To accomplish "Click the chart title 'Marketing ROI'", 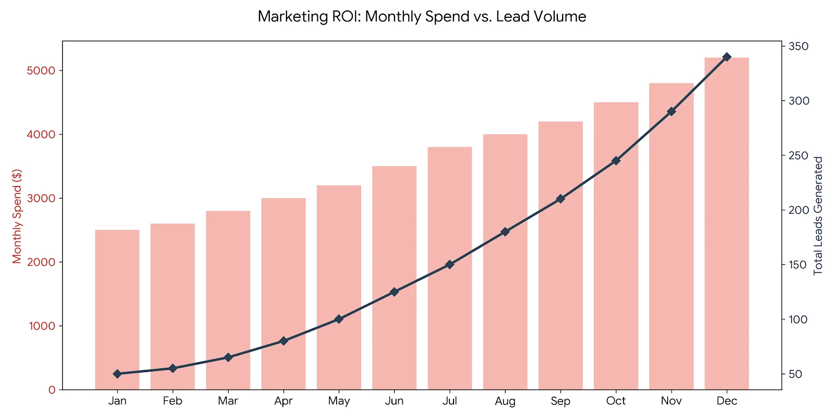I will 422,17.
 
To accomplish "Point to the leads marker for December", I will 726,57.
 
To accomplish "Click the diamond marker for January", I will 117,374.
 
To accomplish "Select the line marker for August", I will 505,231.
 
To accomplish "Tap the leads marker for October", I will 616,160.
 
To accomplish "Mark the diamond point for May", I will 339,319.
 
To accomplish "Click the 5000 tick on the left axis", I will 41,71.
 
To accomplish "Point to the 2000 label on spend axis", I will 41,262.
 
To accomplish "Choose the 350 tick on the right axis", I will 798,47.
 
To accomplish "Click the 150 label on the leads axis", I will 798,265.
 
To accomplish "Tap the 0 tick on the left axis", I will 52,390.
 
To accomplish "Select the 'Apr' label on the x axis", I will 283,401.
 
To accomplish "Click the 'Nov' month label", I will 671,401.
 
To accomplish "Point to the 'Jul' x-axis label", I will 449,401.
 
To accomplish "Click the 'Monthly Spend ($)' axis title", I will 17,216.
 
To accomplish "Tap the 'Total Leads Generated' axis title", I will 818,216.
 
